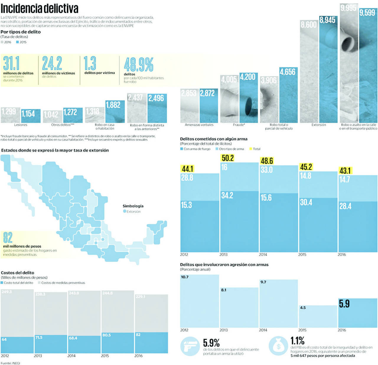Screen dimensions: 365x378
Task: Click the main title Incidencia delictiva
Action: click(40, 8)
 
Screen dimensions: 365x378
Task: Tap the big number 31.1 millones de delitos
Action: click(11, 63)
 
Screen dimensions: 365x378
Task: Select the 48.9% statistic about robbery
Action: click(139, 65)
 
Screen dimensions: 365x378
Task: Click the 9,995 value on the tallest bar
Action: click(348, 8)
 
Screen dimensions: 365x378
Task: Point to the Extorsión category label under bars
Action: click(319, 125)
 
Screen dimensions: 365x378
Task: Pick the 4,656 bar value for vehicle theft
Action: click(288, 72)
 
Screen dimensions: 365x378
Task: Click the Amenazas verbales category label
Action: click(199, 125)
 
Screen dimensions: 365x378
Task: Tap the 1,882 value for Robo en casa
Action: click(113, 105)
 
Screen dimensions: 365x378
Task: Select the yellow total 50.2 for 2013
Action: click(228, 158)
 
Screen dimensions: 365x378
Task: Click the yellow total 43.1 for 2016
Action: click(345, 171)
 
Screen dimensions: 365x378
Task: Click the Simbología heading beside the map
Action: click(133, 206)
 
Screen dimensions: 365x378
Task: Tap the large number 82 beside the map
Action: click(8, 238)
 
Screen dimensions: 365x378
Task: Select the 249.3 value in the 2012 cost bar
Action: click(6, 292)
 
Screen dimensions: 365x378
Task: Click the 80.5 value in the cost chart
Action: click(106, 335)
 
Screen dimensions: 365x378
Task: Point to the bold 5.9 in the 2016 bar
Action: click(344, 304)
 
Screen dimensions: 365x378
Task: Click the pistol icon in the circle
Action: click(190, 346)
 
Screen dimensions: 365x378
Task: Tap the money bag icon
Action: click(278, 346)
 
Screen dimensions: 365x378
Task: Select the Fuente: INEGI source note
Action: click(10, 363)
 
